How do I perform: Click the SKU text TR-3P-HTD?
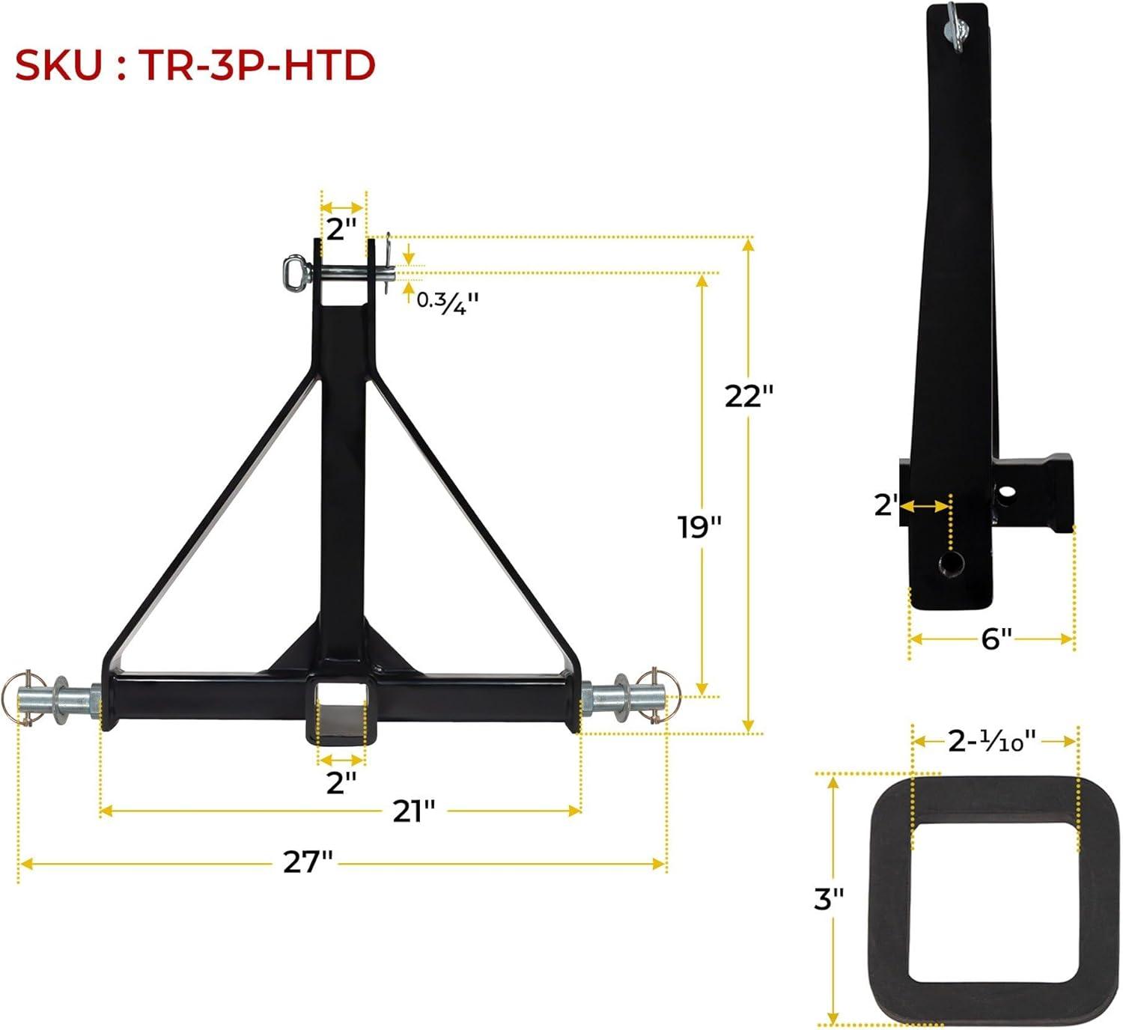tap(256, 66)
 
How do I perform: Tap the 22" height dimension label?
tap(749, 396)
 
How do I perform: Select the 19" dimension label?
tap(699, 527)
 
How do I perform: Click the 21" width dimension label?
tap(414, 811)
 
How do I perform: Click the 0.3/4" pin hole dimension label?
tap(447, 302)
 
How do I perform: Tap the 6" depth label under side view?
tap(996, 639)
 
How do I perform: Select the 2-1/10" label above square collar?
tap(991, 741)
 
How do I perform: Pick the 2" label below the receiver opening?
tap(341, 782)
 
